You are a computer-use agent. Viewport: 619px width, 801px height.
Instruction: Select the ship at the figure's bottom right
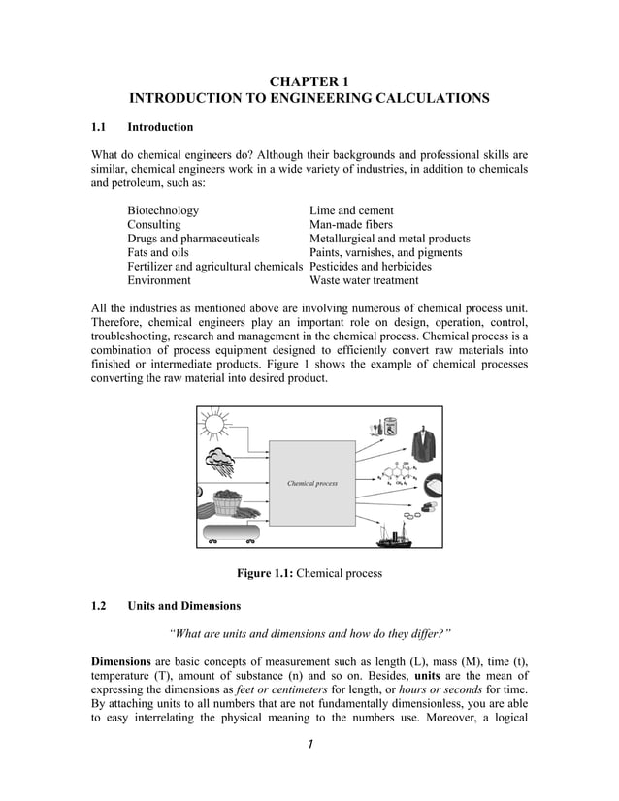pyautogui.click(x=396, y=532)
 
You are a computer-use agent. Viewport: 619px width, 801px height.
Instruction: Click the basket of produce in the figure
pyautogui.click(x=226, y=504)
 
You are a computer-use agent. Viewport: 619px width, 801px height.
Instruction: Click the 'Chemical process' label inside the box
pyautogui.click(x=312, y=482)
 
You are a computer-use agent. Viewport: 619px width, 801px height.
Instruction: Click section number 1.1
pyautogui.click(x=98, y=127)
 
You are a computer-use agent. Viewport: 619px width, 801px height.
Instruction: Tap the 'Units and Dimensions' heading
pyautogui.click(x=183, y=606)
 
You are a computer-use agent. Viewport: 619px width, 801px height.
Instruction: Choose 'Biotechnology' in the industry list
pyautogui.click(x=163, y=210)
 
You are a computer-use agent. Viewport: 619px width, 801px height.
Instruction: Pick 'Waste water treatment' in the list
pyautogui.click(x=364, y=280)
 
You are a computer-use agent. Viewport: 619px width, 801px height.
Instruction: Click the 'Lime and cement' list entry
pyautogui.click(x=351, y=210)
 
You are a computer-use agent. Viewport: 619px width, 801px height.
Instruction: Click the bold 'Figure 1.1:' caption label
pyautogui.click(x=264, y=573)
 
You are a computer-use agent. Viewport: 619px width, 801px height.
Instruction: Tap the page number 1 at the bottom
pyautogui.click(x=309, y=744)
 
